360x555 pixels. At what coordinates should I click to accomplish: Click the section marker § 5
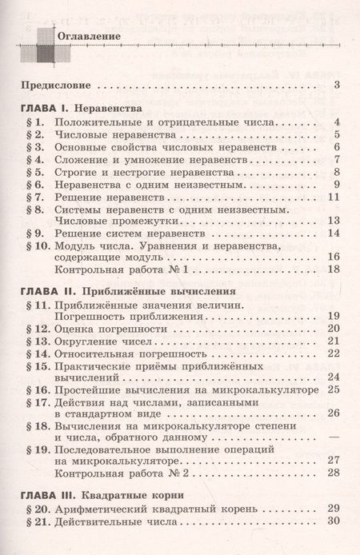click(37, 173)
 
